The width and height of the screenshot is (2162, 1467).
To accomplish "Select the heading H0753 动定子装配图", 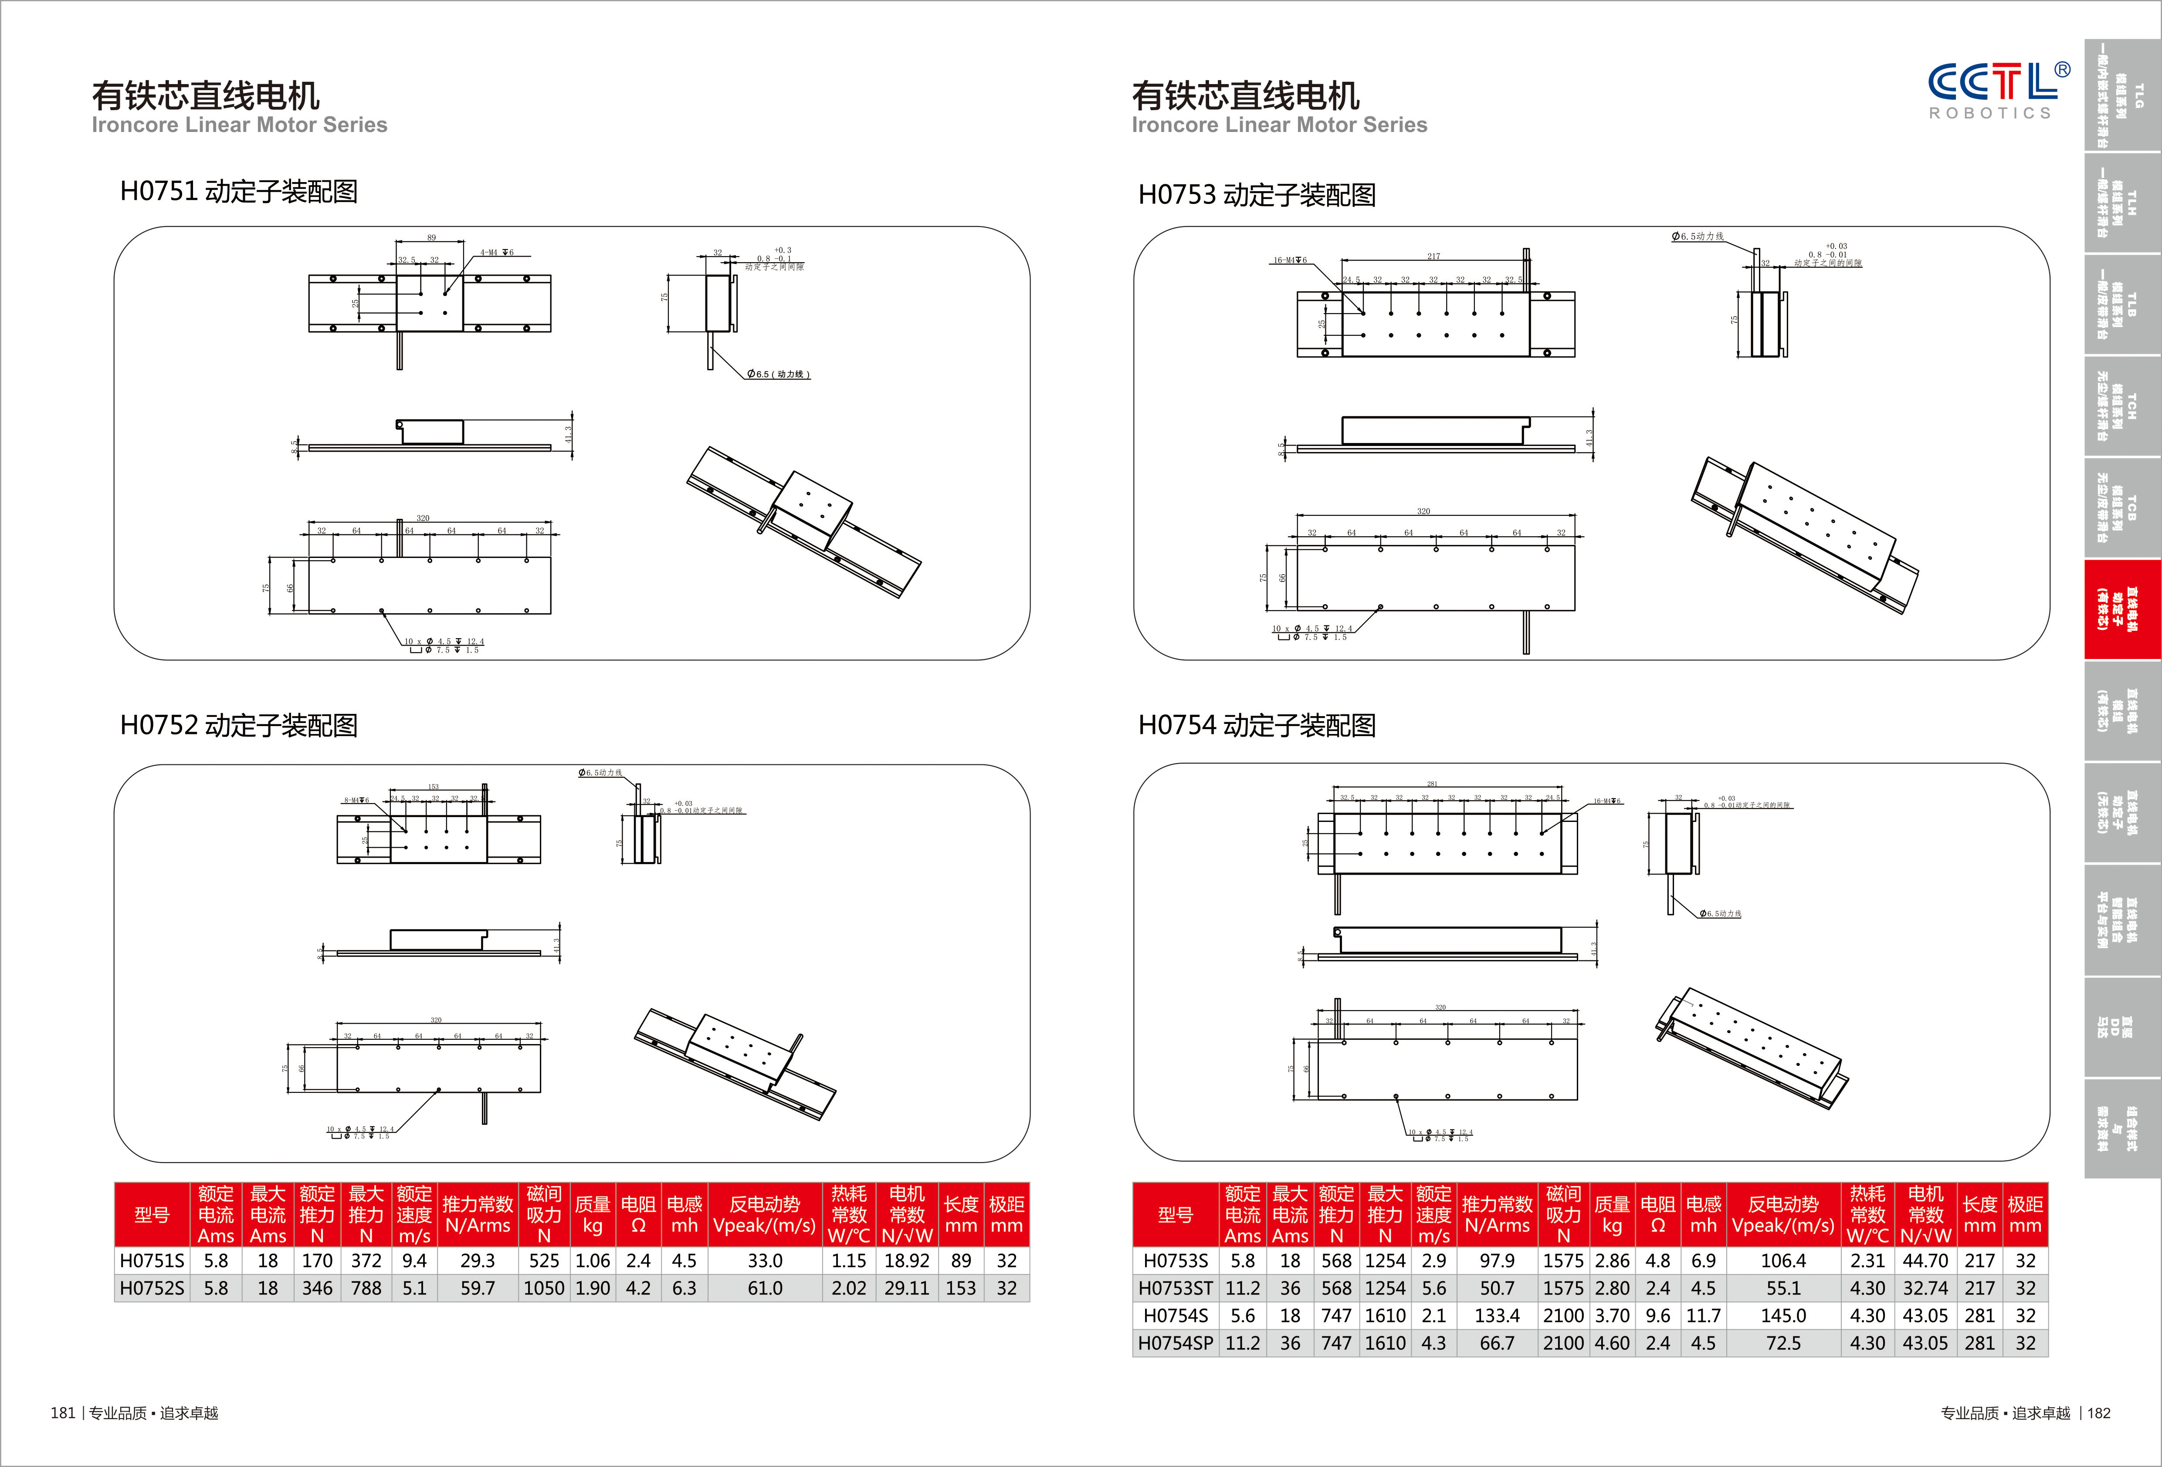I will pos(1257,195).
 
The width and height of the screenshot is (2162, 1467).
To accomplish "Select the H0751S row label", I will pos(152,1261).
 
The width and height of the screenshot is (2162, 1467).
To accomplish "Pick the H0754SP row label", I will pos(1175,1343).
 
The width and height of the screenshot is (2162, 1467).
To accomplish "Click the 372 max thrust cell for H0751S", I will pos(366,1261).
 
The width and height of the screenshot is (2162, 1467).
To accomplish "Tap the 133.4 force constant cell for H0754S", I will pos(1497,1315).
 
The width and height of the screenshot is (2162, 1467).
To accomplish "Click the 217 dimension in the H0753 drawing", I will pos(1433,257).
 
